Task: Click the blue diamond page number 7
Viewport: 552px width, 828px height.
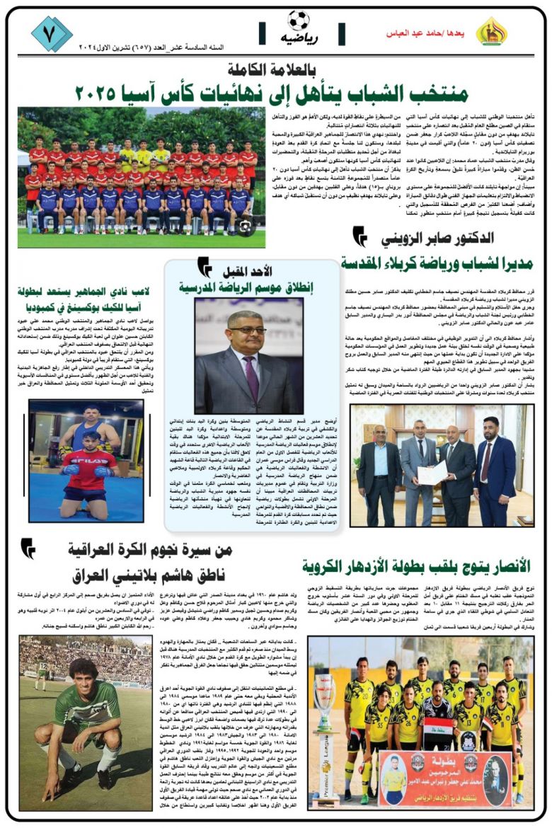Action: click(x=51, y=33)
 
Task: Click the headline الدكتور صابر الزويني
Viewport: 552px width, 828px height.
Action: click(x=437, y=238)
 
